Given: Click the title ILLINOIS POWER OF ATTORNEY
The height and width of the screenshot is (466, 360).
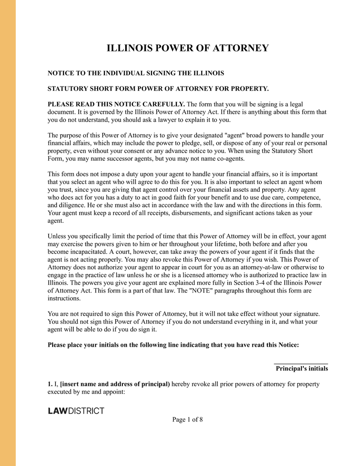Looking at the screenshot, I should click(187, 48).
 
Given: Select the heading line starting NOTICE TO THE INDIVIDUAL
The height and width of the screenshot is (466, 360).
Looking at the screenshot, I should click(136, 73).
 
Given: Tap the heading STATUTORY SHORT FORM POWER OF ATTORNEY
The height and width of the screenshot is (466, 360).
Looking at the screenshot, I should click(158, 88).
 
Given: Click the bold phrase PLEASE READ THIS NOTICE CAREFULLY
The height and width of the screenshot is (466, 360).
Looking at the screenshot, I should click(116, 104).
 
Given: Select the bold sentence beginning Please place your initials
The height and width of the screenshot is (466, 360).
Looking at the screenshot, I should click(173, 345).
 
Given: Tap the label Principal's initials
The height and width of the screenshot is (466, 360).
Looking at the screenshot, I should click(301, 368).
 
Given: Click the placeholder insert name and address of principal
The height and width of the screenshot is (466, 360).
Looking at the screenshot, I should click(115, 384).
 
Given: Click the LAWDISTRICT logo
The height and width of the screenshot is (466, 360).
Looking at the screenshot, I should click(76, 411).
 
